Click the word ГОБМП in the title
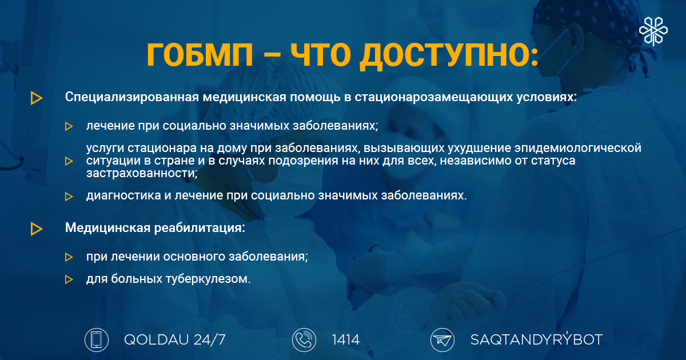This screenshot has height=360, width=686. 200,55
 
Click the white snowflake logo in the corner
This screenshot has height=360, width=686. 653,31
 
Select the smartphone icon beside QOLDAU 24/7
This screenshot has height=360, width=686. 97,340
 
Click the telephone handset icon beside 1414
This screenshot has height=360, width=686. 304,340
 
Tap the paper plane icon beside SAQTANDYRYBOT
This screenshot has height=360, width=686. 442,340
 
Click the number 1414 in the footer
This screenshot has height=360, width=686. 346,340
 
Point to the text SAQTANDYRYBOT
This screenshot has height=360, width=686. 537,339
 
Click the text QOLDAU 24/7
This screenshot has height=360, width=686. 175,340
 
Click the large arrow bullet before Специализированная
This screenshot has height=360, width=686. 37,98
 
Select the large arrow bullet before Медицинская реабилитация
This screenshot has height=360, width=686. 37,229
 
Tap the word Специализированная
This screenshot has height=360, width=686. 132,97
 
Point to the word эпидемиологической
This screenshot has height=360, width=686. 577,148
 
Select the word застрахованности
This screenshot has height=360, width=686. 142,173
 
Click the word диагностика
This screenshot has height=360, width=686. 123,195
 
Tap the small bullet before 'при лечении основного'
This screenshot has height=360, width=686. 69,257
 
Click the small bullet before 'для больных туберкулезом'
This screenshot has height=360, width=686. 69,279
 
